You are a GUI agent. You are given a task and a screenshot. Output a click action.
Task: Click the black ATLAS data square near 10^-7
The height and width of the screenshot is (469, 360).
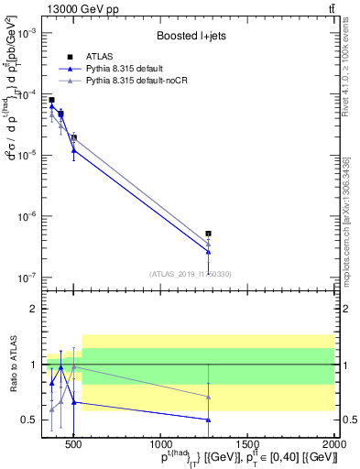(x=209, y=234)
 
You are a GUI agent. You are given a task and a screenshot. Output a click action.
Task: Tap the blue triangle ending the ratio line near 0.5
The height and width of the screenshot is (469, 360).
(x=209, y=420)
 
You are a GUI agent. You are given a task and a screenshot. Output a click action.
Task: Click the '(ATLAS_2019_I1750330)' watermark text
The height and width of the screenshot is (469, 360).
(x=190, y=273)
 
